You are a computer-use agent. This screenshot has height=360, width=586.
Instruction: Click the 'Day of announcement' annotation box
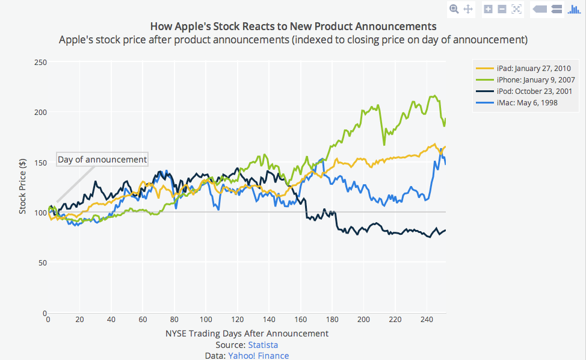(102, 160)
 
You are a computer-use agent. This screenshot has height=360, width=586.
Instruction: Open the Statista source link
(263, 345)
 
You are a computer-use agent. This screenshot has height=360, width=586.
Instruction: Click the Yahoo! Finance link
(258, 356)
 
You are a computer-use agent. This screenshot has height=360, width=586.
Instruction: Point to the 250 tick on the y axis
(41, 62)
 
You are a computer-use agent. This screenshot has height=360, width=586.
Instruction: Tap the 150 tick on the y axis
(41, 163)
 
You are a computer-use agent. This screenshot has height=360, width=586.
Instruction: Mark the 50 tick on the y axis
(43, 263)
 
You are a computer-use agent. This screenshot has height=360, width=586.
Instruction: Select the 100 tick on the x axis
(206, 320)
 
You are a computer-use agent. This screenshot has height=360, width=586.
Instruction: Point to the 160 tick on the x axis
(300, 320)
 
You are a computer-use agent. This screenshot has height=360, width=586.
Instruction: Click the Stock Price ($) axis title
(23, 188)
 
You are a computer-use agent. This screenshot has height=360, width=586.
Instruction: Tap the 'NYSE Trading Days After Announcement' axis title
(247, 333)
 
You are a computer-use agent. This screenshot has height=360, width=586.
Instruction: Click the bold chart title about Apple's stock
(293, 26)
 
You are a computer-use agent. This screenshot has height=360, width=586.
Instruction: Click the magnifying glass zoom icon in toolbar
(454, 9)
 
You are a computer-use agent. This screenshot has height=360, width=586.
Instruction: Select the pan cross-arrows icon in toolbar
(468, 9)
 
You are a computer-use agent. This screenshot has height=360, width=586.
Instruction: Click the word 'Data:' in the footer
(215, 356)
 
